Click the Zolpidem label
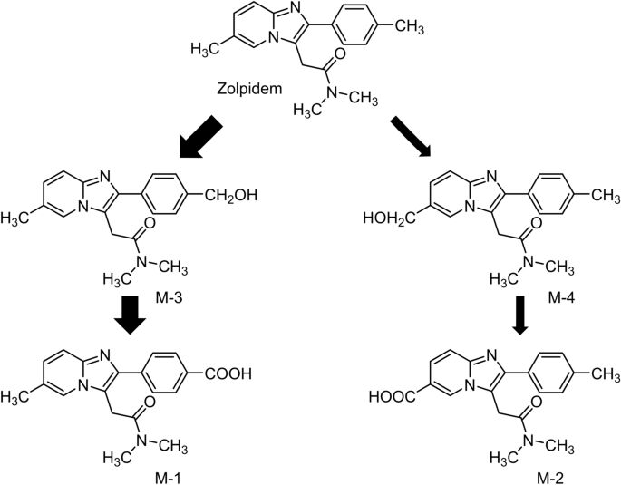coord(249,89)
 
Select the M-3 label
coord(169,297)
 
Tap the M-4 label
coord(561,297)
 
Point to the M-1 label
coord(169,478)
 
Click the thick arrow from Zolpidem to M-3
coord(200,138)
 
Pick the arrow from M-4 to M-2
coord(520,315)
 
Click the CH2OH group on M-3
coord(231,195)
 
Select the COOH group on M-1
coord(228,373)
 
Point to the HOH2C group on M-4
coord(389,218)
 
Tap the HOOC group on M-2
coord(393,396)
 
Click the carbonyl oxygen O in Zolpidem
coord(339,53)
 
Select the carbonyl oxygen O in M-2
coord(536,403)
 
